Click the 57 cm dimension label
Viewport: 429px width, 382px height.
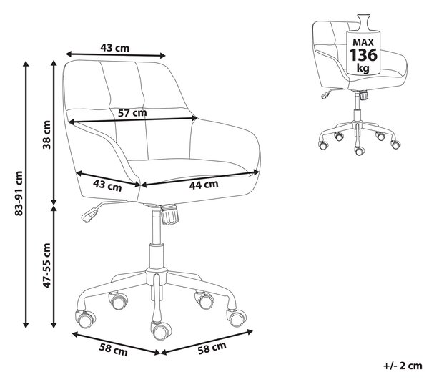(x=132, y=112)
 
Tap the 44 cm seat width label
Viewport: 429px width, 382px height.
(x=204, y=185)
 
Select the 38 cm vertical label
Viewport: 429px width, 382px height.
(x=46, y=134)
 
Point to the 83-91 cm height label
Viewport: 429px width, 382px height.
(x=19, y=193)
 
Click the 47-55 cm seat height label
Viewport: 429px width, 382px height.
(x=46, y=265)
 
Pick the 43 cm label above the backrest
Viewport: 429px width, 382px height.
(x=114, y=48)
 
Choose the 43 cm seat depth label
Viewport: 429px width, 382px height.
(x=107, y=185)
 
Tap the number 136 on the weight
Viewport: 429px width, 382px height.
(x=363, y=55)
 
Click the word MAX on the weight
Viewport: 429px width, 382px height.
(x=363, y=42)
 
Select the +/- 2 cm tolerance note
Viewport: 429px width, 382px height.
(x=403, y=366)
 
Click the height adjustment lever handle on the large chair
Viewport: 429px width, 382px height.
(x=90, y=215)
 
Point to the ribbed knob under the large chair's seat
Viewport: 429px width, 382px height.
(x=170, y=215)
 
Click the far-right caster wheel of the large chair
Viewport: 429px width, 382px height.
(x=237, y=318)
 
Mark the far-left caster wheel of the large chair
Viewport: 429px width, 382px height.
(x=86, y=319)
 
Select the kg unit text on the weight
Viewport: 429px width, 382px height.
(x=363, y=67)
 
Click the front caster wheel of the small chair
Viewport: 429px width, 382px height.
(x=360, y=150)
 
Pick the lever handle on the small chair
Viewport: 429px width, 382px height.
(x=325, y=95)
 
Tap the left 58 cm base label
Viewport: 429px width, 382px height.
(x=113, y=350)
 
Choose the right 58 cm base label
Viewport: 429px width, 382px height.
(x=212, y=348)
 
